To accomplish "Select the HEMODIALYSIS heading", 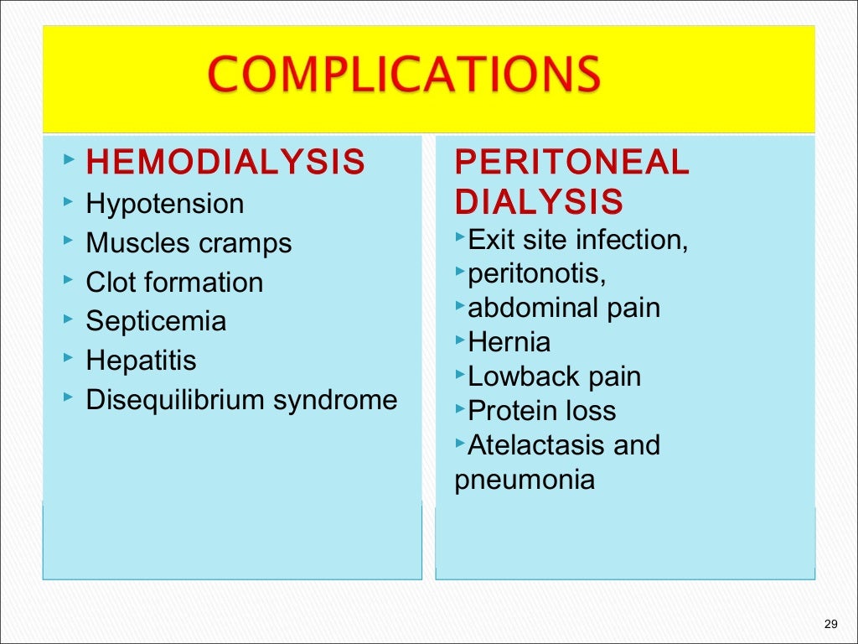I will pyautogui.click(x=225, y=163).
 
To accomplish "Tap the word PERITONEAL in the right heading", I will pyautogui.click(x=571, y=163).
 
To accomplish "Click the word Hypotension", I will pyautogui.click(x=165, y=204).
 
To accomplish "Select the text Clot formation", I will pyautogui.click(x=174, y=283).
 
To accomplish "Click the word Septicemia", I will pyautogui.click(x=156, y=322).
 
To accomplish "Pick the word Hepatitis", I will pyautogui.click(x=141, y=361).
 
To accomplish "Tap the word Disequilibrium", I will pyautogui.click(x=175, y=400).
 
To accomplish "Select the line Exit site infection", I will pyautogui.click(x=577, y=240).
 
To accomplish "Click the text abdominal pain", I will pyautogui.click(x=564, y=308).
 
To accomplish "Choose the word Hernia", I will pyautogui.click(x=509, y=342).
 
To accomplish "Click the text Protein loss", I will pyautogui.click(x=541, y=411).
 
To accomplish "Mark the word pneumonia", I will pyautogui.click(x=525, y=480).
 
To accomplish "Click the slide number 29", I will pyautogui.click(x=831, y=623).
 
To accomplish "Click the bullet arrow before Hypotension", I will pyautogui.click(x=67, y=203).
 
